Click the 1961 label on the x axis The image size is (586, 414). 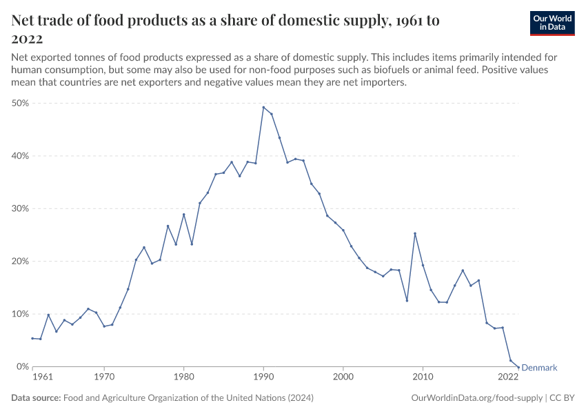pos(42,377)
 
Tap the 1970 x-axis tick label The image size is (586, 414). pos(104,377)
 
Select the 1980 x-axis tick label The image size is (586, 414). pos(183,377)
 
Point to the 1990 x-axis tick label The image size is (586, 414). pos(263,377)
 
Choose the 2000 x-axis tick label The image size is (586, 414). pos(343,377)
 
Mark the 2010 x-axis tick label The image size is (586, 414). pos(423,377)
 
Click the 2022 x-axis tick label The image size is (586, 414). pos(508,377)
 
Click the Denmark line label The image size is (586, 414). pos(539,368)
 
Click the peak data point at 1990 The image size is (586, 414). pos(263,107)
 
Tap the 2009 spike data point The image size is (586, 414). pos(415,233)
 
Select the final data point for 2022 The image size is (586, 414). pos(518,367)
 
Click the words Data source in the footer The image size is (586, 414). pos(36,398)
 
